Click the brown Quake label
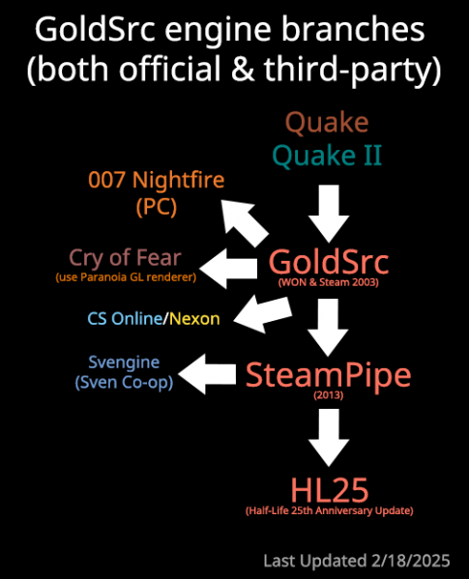point(327,123)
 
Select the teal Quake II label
point(327,155)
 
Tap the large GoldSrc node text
point(329,261)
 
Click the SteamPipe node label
point(328,375)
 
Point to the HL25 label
point(330,490)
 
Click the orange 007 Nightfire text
point(157,180)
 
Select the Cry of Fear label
point(125,258)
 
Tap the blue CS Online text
point(125,318)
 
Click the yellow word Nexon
point(194,319)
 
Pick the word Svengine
point(124,362)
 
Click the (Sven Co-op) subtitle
point(124,382)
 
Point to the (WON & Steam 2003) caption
point(329,282)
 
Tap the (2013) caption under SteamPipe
point(329,395)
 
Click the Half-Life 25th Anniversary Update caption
point(330,510)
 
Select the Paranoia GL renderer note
point(126,277)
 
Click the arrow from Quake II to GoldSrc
point(329,214)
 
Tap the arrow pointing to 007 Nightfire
point(245,223)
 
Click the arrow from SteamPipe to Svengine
point(207,374)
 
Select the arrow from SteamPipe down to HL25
point(329,437)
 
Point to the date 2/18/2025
point(411,561)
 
